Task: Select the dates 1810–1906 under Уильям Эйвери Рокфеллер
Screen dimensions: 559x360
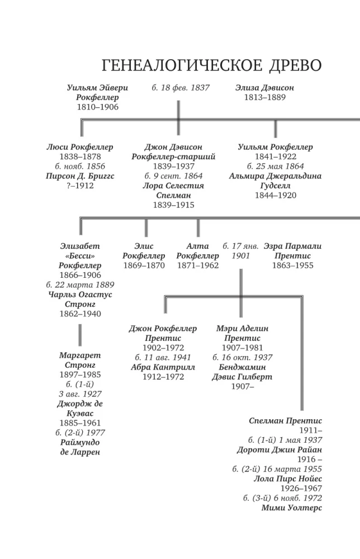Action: (98, 107)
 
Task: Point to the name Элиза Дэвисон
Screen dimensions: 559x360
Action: (264, 88)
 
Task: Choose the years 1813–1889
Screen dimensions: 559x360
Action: (264, 97)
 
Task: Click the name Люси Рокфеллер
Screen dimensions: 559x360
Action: (80, 147)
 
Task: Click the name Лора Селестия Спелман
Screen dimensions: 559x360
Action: (173, 191)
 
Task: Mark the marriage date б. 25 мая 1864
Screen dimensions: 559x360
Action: (275, 166)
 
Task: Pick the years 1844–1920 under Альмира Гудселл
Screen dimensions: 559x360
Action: (275, 195)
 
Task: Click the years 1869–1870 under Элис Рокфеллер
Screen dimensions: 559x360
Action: (144, 266)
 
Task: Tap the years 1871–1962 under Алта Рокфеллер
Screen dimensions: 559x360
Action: (197, 266)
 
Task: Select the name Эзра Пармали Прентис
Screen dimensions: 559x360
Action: (292, 250)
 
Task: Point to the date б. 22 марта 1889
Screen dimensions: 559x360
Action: (80, 285)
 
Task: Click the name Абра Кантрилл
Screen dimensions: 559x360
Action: (163, 367)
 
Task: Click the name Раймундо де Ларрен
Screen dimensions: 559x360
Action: (80, 447)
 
